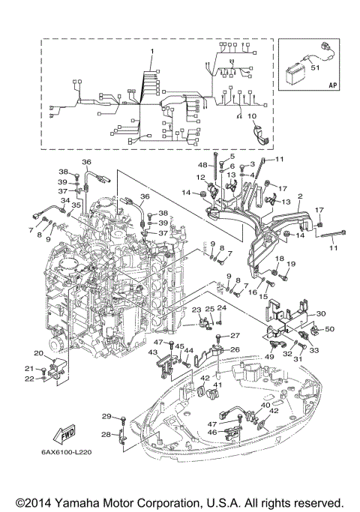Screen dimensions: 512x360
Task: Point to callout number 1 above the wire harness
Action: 151,51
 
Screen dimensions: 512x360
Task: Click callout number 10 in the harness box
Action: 251,115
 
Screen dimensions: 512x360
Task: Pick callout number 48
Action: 203,165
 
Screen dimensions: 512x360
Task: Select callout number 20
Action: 37,353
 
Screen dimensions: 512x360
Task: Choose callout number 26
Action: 234,349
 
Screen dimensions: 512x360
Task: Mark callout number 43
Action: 152,353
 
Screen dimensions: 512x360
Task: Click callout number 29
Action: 106,416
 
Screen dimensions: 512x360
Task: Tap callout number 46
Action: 212,433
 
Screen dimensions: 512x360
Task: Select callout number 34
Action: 65,201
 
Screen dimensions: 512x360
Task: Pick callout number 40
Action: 265,405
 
